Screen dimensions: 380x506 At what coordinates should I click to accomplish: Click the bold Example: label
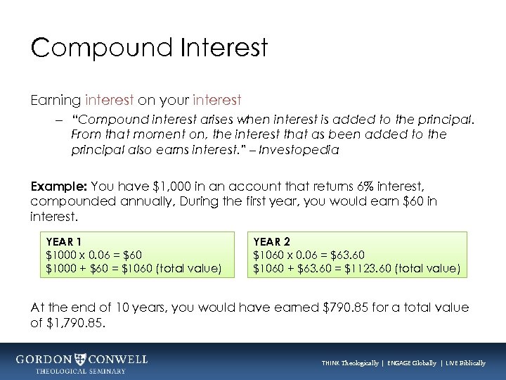pos(58,186)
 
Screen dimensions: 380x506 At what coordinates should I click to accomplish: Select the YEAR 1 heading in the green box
pos(62,241)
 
